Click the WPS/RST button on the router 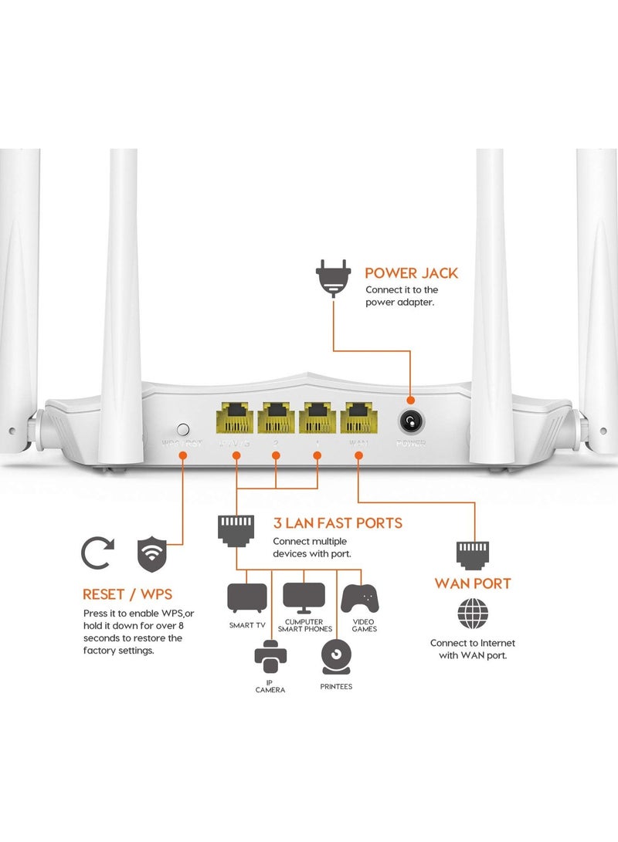pos(183,427)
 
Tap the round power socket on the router pos(410,421)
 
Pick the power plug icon pos(333,279)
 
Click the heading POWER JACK pos(411,272)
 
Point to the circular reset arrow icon pos(98,553)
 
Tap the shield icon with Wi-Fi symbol pos(152,553)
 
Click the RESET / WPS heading pos(127,594)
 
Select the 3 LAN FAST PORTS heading pos(338,522)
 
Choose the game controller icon pos(361,597)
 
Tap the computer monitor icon pos(303,596)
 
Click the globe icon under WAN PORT pos(473,614)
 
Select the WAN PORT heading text pos(473,583)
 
